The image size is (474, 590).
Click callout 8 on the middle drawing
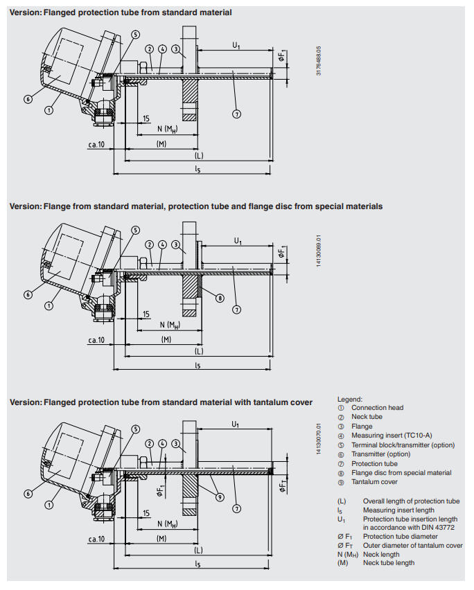pyautogui.click(x=220, y=298)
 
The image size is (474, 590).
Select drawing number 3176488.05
pyautogui.click(x=319, y=62)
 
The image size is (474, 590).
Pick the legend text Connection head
pyautogui.click(x=377, y=408)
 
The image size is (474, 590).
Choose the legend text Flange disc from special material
pyautogui.click(x=401, y=473)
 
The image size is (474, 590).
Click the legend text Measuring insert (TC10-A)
pyautogui.click(x=391, y=436)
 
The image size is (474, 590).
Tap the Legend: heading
pyautogui.click(x=349, y=400)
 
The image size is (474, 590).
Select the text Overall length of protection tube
pyautogui.click(x=411, y=501)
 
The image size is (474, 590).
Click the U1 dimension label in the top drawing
pyautogui.click(x=236, y=46)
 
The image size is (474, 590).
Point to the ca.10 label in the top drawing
pyautogui.click(x=96, y=145)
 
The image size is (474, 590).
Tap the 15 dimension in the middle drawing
pyautogui.click(x=146, y=314)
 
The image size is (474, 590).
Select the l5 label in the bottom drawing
pyautogui.click(x=197, y=565)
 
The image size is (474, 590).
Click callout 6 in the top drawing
pyautogui.click(x=28, y=99)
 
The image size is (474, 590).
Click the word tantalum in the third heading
pyautogui.click(x=265, y=402)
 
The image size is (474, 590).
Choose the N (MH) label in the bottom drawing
pyautogui.click(x=166, y=524)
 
